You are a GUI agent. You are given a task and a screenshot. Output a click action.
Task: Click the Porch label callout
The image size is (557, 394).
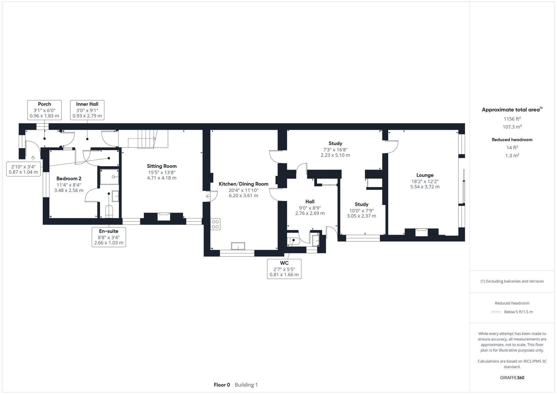45,110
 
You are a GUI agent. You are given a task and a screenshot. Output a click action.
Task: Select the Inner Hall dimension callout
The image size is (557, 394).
87,110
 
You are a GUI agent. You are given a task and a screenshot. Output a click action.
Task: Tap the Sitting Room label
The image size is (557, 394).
162,166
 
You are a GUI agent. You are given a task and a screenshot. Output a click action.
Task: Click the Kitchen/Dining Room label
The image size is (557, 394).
243,184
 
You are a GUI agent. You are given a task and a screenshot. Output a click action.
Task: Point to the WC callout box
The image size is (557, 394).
284,269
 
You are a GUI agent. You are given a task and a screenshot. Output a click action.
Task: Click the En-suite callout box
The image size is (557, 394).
109,237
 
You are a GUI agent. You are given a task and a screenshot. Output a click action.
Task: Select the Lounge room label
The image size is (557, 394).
425,175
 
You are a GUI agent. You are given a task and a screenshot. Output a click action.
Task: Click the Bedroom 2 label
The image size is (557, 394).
69,178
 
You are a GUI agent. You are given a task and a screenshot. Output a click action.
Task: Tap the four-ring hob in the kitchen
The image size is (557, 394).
215,224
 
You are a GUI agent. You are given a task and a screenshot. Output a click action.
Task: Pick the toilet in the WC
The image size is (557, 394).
293,241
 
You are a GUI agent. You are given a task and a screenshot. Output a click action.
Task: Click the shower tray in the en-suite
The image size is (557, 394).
109,177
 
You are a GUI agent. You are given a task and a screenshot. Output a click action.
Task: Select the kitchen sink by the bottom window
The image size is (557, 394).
238,246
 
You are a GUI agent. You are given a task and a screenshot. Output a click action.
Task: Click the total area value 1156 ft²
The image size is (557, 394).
512,119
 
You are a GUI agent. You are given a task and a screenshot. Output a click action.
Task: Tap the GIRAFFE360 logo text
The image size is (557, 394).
512,378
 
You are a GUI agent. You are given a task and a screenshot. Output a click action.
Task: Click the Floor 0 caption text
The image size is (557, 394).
222,385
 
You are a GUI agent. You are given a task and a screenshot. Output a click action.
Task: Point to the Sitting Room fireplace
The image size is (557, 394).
163,216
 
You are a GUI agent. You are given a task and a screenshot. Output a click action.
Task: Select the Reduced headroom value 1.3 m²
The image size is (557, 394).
512,155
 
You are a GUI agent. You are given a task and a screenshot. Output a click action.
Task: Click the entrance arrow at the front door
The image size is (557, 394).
33,158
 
